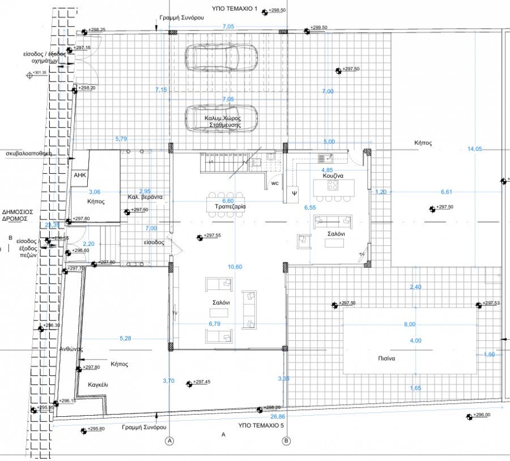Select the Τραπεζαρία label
(x=230, y=207)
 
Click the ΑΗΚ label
(x=79, y=175)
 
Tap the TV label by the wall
(x=175, y=313)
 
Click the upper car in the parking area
(x=221, y=57)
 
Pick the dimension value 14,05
(x=474, y=149)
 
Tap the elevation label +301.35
(x=40, y=73)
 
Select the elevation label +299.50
(x=321, y=27)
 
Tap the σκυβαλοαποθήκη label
(x=29, y=153)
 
